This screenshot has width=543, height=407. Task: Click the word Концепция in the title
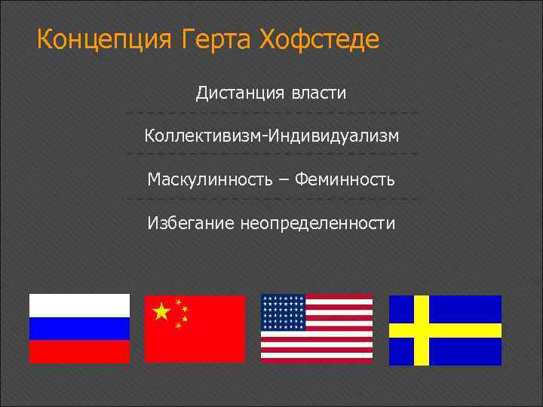coord(105,38)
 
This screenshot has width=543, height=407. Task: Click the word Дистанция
coord(240,93)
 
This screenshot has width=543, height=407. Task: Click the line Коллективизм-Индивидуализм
coord(271,136)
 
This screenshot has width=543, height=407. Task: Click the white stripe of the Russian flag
coord(79,305)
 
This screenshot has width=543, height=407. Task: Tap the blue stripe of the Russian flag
coord(79,329)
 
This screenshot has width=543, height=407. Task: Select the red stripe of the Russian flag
coord(79,351)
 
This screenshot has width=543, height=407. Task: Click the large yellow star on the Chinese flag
coord(161,311)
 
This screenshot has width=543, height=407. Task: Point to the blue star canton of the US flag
coord(283,311)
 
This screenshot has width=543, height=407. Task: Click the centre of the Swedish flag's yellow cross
coord(421,330)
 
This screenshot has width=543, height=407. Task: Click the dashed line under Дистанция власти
coord(271,114)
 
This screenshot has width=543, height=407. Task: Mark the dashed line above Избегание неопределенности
coord(271,200)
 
